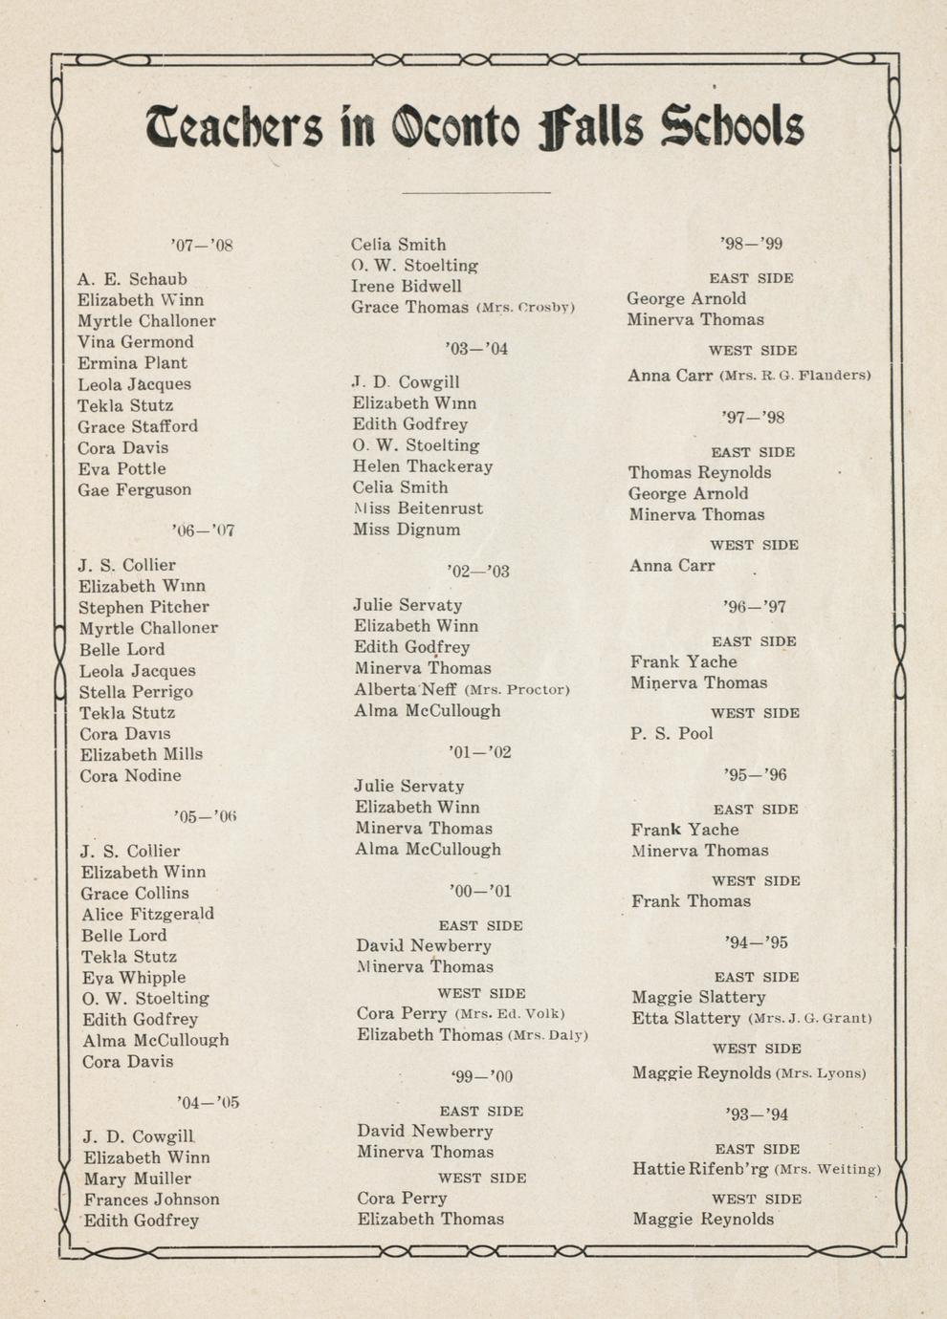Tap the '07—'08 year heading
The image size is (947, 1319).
(202, 245)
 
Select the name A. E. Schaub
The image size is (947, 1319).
(132, 279)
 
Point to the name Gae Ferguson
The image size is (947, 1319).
(134, 489)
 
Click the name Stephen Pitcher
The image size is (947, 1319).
(143, 607)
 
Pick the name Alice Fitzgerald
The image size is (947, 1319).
(147, 914)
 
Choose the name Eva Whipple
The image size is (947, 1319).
(133, 977)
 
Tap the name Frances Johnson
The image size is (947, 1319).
(151, 1199)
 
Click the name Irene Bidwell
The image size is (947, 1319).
(406, 286)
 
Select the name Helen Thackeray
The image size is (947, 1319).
(422, 466)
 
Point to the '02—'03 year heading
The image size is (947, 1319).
(478, 571)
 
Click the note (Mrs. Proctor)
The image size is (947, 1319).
(517, 690)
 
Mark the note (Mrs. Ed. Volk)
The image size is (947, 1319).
(510, 1014)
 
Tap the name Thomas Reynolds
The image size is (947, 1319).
(699, 472)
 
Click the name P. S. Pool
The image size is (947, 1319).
(672, 733)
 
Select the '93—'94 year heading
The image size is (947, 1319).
(757, 1114)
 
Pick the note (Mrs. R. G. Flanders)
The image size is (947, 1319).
(795, 376)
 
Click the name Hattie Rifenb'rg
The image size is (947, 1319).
(700, 1169)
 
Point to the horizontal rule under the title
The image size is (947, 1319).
(476, 192)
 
